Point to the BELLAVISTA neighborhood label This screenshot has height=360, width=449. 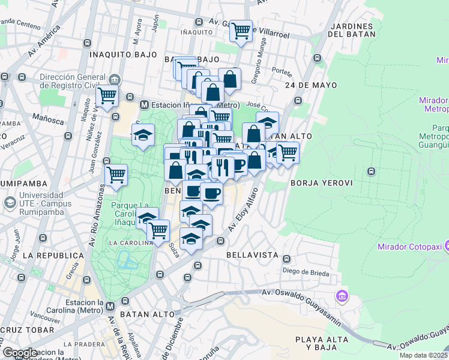[252, 255]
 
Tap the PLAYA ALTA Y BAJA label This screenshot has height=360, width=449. [321, 344]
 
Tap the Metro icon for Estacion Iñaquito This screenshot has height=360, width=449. [144, 105]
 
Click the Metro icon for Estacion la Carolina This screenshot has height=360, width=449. [110, 307]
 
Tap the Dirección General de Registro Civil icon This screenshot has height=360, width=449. [114, 80]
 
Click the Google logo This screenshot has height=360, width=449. [20, 353]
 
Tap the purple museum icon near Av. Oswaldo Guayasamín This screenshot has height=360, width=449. [342, 296]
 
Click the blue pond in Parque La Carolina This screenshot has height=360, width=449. [127, 260]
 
